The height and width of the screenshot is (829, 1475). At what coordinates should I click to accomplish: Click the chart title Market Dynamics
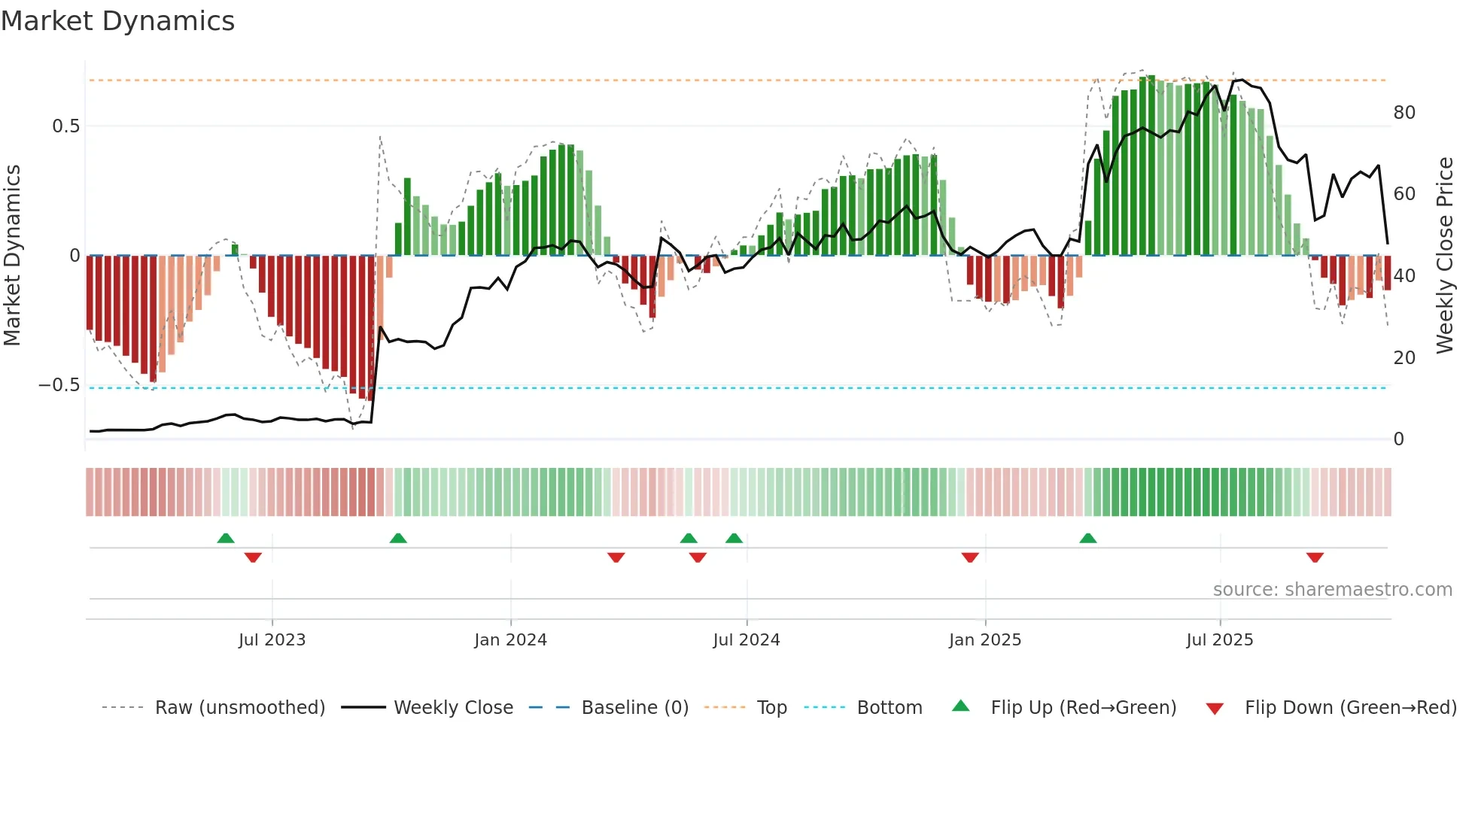[117, 21]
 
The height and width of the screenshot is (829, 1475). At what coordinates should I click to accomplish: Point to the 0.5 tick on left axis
[65, 126]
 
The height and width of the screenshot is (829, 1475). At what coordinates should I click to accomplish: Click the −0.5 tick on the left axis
[59, 385]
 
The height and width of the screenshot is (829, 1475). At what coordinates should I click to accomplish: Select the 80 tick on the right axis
[1404, 113]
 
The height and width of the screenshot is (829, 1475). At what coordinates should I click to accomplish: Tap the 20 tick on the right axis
[1404, 358]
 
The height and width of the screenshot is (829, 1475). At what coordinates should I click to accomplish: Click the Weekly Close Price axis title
[1444, 256]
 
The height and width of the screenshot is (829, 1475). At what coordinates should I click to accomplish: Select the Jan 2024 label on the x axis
[510, 640]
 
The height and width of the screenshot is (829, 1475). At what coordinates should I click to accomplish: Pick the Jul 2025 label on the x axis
[1220, 640]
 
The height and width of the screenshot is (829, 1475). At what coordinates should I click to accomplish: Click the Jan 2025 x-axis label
[985, 640]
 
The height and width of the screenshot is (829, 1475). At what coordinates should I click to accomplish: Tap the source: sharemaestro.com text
[1332, 590]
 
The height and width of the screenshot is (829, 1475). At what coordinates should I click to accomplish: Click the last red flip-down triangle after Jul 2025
[1315, 557]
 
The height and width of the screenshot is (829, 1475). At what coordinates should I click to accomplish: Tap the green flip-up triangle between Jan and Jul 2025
[1087, 538]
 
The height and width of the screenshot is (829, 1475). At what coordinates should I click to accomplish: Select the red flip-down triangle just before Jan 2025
[970, 557]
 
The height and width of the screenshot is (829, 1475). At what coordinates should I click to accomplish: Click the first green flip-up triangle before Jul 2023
[226, 538]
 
